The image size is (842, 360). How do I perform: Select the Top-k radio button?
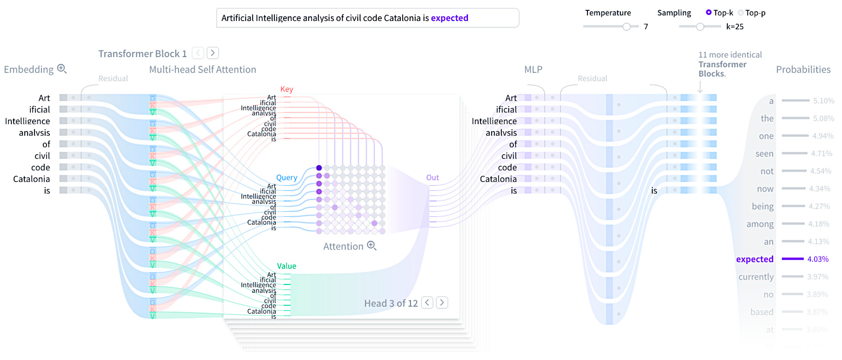click(x=708, y=12)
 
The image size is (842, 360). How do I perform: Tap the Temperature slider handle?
click(x=626, y=27)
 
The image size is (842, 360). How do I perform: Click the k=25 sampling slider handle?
click(x=700, y=27)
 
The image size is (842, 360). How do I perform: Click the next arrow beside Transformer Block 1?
click(x=213, y=53)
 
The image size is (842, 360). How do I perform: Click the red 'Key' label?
click(x=286, y=89)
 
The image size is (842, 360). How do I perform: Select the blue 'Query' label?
click(x=286, y=177)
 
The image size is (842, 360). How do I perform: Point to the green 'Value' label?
click(x=286, y=266)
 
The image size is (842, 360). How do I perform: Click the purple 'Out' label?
click(x=432, y=177)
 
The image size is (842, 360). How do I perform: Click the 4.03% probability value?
click(x=818, y=259)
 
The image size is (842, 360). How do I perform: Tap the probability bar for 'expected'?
click(x=792, y=259)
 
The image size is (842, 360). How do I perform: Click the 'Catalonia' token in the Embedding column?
click(x=31, y=179)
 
